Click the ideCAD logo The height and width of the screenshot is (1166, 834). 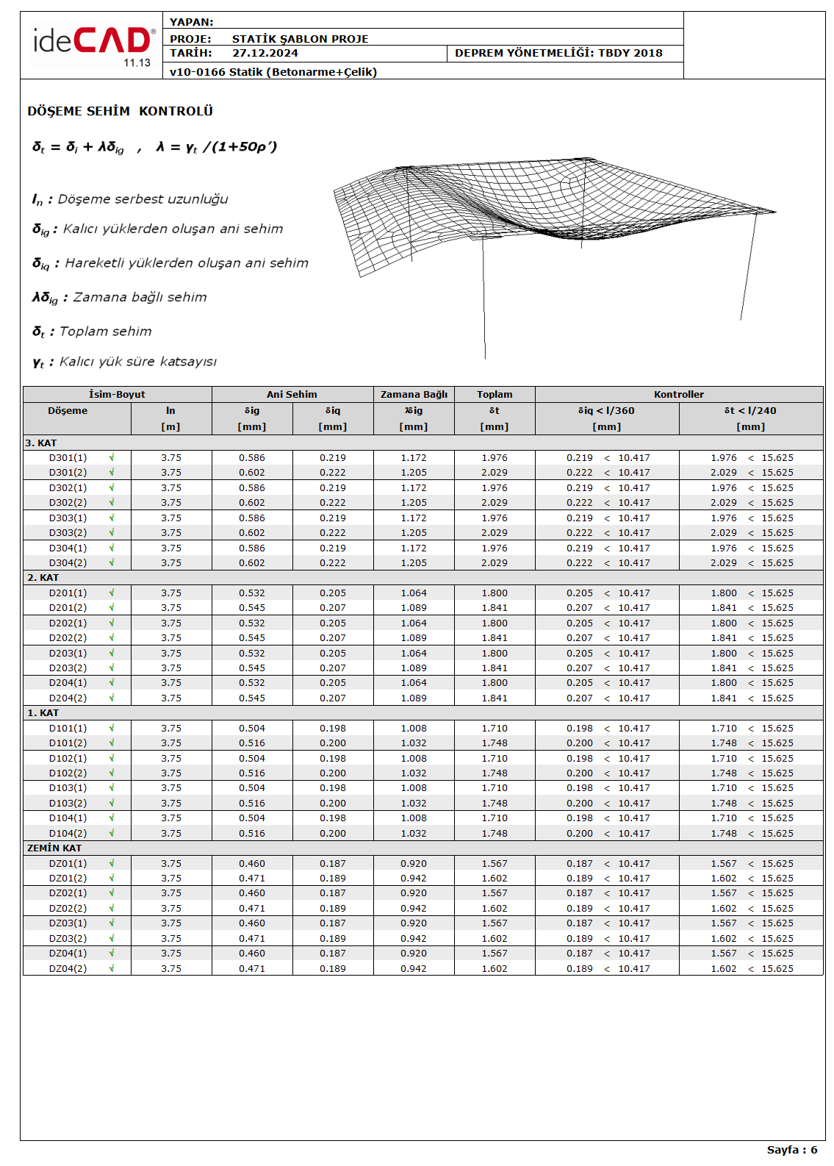(x=92, y=41)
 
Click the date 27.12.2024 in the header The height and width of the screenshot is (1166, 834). (x=265, y=53)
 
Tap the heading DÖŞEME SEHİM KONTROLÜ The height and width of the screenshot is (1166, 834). (x=120, y=111)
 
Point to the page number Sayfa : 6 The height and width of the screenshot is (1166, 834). (x=791, y=1150)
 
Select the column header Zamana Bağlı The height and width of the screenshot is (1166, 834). (x=414, y=395)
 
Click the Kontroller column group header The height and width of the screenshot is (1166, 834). (x=678, y=395)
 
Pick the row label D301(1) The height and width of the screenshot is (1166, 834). (x=68, y=458)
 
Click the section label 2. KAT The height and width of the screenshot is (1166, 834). (x=43, y=578)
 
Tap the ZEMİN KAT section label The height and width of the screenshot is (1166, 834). (x=54, y=848)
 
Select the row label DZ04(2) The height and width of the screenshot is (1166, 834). (x=68, y=969)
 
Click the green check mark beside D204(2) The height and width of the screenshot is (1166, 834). (x=112, y=698)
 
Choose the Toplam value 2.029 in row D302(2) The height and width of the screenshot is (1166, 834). (x=495, y=503)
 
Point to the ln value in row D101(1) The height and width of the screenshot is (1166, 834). (x=171, y=729)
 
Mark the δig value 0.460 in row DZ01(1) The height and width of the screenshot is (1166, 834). (x=252, y=864)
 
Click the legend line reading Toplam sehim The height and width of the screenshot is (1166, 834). (x=105, y=332)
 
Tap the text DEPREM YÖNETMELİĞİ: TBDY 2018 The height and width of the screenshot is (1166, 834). (x=558, y=53)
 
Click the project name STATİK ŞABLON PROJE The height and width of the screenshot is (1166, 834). (x=300, y=39)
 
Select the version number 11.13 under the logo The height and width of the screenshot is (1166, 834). (x=137, y=63)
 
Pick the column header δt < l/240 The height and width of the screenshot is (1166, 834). (x=750, y=411)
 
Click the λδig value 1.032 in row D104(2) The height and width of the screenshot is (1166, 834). (x=414, y=834)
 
